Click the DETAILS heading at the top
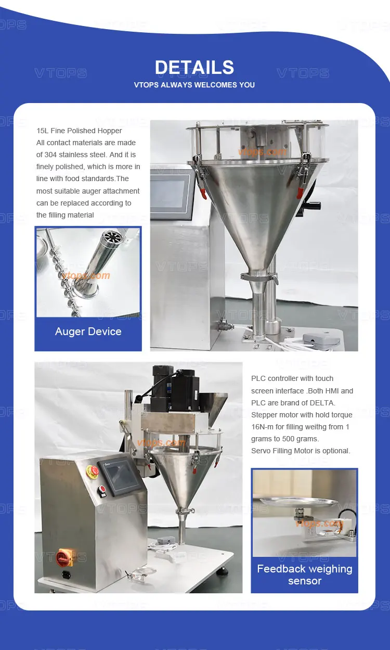click(194, 68)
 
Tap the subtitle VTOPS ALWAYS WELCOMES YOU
click(194, 85)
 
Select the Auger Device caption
click(88, 332)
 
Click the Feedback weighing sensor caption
click(304, 575)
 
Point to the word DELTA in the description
click(323, 403)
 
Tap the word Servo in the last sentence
click(262, 451)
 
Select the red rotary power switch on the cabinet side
click(64, 556)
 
